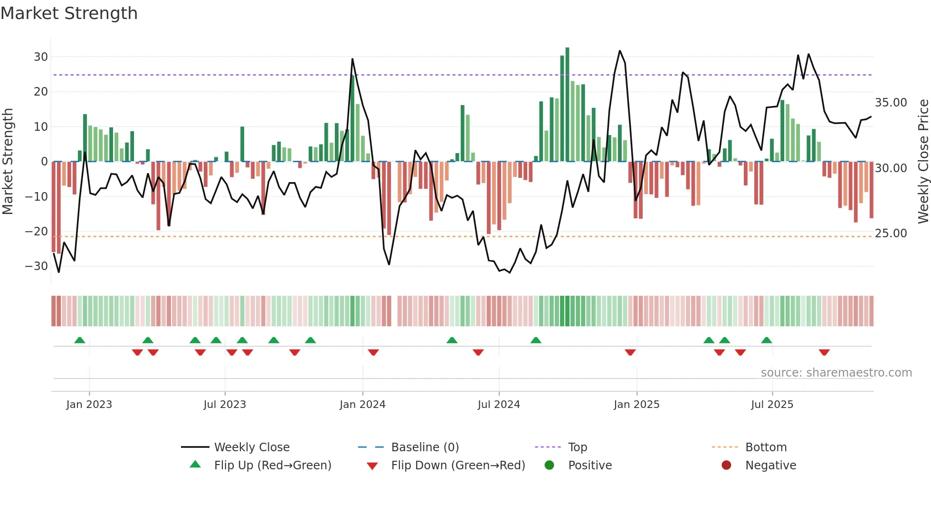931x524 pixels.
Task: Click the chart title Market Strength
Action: (69, 13)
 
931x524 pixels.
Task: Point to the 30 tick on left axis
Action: (41, 57)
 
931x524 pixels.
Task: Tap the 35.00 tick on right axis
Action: (891, 103)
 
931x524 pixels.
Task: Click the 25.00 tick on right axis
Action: (891, 233)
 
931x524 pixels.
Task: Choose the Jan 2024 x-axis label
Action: (362, 405)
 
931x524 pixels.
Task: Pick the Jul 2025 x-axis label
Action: (772, 405)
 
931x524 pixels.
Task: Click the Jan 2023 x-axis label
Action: (89, 405)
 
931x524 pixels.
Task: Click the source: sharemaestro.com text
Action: (836, 373)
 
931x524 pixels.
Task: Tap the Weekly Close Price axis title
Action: (923, 162)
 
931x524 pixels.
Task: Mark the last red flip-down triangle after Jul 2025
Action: (824, 352)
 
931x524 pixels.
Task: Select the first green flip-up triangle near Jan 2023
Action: (80, 340)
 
